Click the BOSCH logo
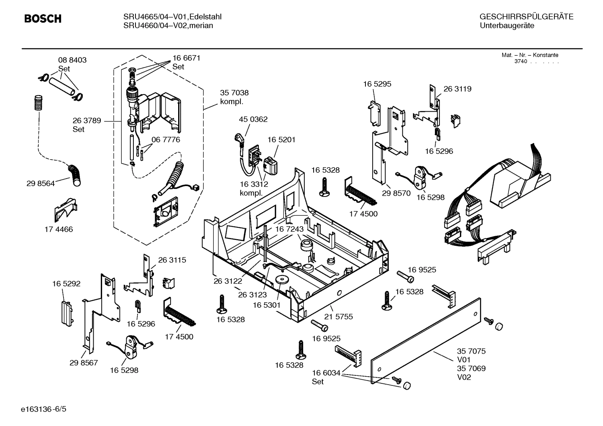point(43,19)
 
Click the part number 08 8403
point(72,60)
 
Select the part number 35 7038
point(234,93)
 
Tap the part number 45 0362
point(253,120)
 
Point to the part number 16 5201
point(281,140)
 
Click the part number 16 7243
point(289,229)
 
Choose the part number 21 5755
point(338,316)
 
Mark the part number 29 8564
point(40,183)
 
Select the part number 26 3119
point(457,89)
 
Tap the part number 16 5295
point(377,84)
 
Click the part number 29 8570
point(396,193)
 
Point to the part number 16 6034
point(326,372)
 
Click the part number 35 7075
point(471,352)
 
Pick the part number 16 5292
point(66,284)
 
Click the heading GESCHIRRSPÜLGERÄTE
point(526,17)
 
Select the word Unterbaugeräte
point(507,26)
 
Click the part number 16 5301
point(266,305)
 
